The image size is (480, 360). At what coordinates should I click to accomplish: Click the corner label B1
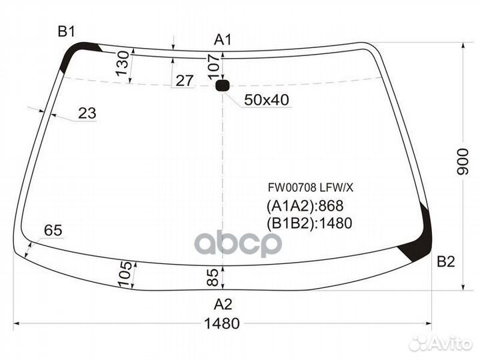67,32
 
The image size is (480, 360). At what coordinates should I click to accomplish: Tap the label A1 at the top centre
223,40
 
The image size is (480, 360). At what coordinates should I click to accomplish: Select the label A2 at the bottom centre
223,304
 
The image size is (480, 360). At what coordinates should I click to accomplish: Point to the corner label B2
446,262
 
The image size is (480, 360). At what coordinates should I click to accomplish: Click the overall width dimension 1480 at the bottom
222,323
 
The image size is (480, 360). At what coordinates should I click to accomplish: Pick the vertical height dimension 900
462,161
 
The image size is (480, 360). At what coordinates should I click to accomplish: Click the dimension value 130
123,63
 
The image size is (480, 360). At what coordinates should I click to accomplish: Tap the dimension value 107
214,67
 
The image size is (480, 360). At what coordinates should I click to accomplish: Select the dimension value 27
185,81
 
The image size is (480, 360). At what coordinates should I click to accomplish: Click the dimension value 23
87,113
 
